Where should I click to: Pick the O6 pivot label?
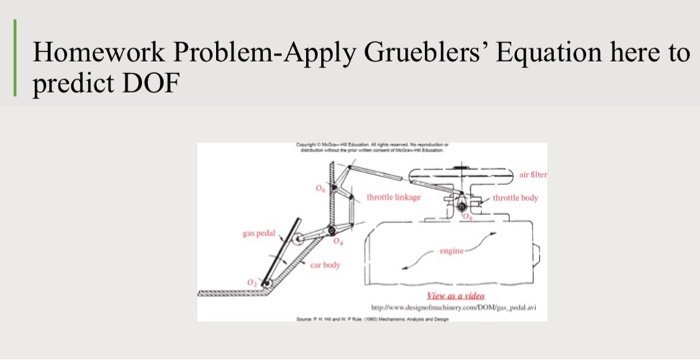321,188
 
